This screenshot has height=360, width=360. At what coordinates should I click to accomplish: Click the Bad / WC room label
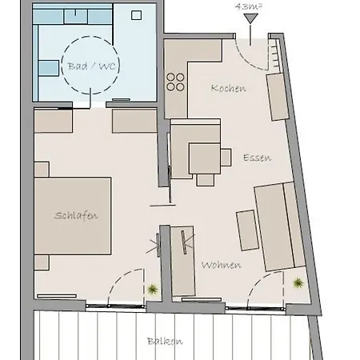(x=89, y=66)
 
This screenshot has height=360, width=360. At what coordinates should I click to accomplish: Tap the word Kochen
(x=229, y=88)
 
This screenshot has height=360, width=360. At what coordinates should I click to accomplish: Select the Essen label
(x=257, y=158)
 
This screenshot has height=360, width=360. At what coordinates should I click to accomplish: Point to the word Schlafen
(x=77, y=215)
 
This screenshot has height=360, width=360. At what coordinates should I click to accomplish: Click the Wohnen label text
(x=221, y=264)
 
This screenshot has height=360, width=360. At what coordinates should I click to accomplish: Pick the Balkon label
(x=165, y=341)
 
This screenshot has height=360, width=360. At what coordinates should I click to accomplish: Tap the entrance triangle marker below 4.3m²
(x=250, y=18)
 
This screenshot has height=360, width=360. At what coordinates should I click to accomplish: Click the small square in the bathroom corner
(x=136, y=14)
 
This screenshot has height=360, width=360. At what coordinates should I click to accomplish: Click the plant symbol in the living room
(x=298, y=282)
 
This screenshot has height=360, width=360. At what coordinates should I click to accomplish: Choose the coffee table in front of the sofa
(x=246, y=230)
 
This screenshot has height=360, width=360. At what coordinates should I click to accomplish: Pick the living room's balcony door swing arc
(x=266, y=290)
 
